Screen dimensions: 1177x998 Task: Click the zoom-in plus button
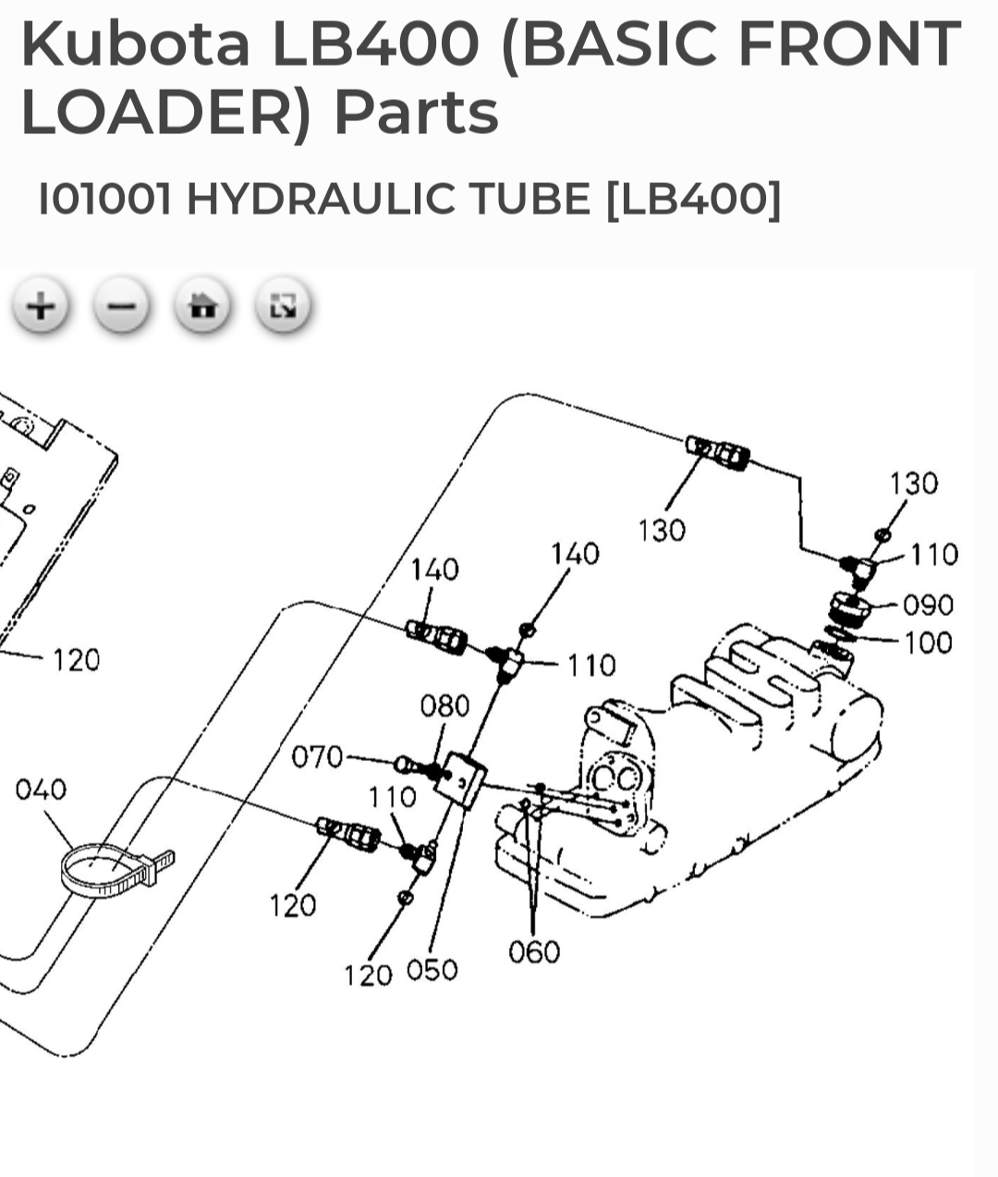(x=41, y=305)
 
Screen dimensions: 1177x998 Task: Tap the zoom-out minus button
(x=122, y=305)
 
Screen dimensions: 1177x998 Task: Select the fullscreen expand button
(x=283, y=305)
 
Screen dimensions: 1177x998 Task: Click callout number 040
(x=41, y=790)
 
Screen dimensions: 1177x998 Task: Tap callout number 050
(x=432, y=970)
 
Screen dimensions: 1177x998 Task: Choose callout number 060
(x=534, y=951)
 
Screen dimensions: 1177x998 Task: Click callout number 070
(x=317, y=757)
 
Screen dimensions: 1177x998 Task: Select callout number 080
(x=444, y=706)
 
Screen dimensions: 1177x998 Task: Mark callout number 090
(x=928, y=605)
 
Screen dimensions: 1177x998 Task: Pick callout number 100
(x=928, y=642)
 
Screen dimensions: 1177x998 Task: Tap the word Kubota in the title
(x=135, y=43)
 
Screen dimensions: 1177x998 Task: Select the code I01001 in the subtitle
(x=104, y=199)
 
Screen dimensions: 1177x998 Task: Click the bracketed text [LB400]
(x=693, y=199)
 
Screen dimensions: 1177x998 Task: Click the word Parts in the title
(x=416, y=112)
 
